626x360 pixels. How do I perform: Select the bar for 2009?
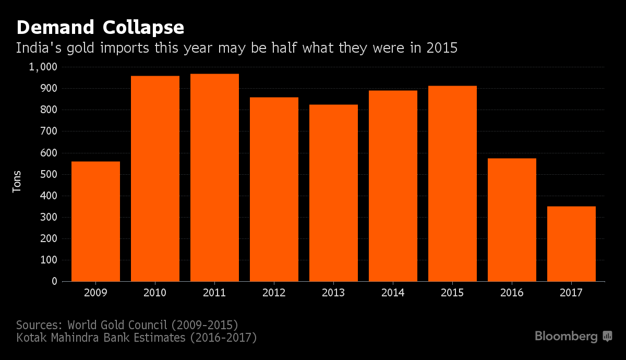(x=95, y=221)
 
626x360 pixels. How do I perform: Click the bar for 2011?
(x=214, y=177)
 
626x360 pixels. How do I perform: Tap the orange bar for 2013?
(x=333, y=193)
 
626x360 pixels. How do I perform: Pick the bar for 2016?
(x=512, y=220)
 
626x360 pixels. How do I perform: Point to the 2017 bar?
(x=571, y=244)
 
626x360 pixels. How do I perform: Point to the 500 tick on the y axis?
(x=48, y=174)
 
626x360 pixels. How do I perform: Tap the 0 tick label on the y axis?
(x=54, y=281)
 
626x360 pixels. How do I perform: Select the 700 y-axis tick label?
(x=48, y=131)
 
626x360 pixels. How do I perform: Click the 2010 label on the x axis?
(x=155, y=293)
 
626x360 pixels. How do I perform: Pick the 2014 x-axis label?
(x=393, y=293)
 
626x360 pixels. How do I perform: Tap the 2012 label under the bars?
(x=274, y=293)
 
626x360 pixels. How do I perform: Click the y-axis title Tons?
(x=17, y=181)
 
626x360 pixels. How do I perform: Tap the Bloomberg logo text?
(x=566, y=337)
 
